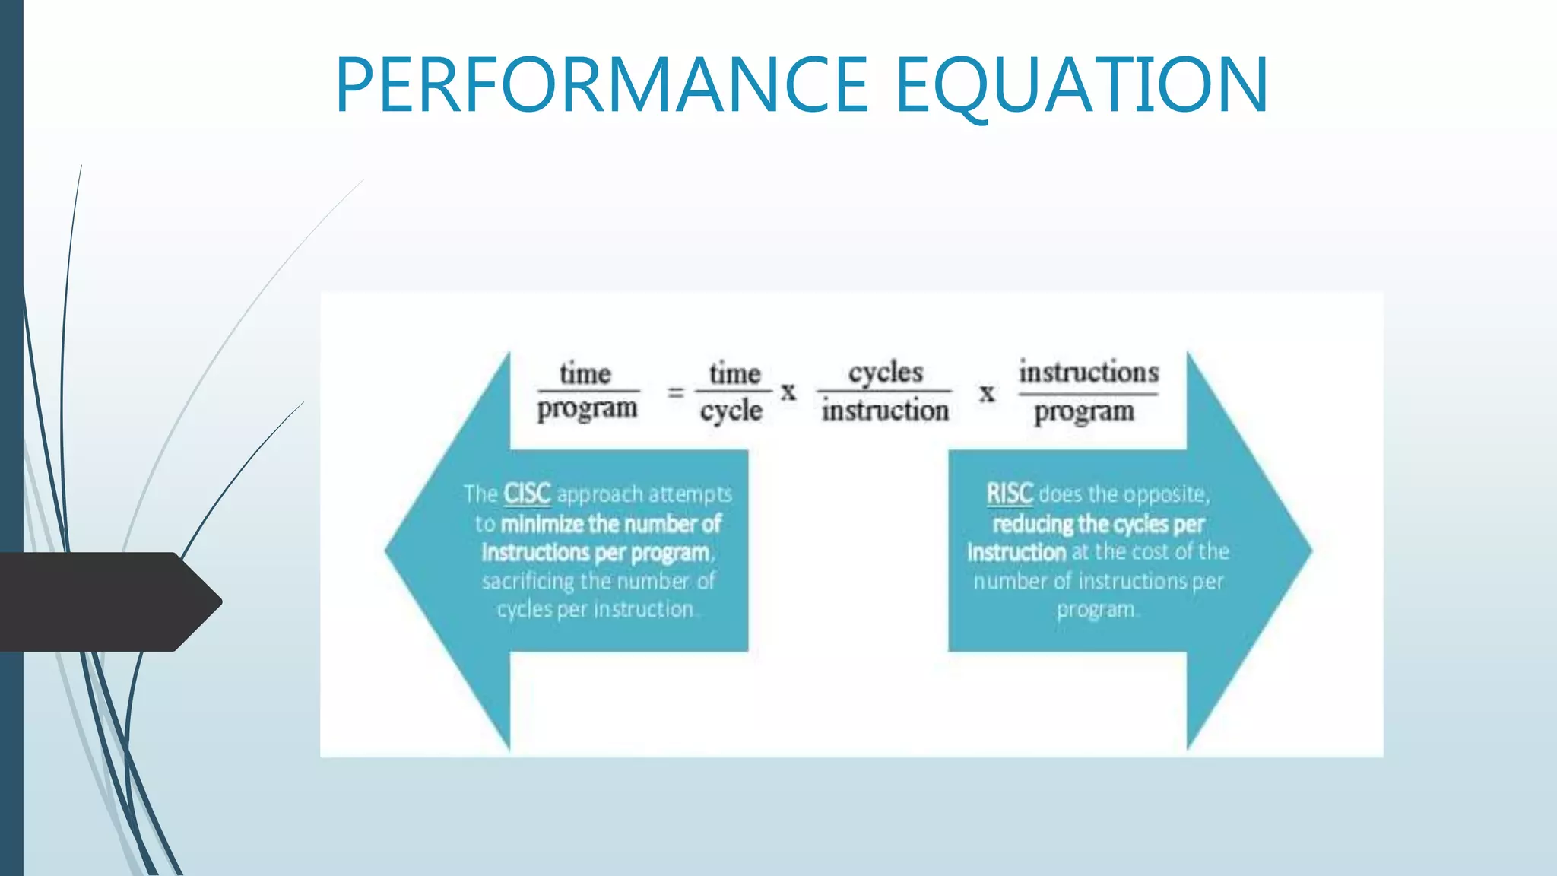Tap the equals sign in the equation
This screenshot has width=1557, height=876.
coord(676,392)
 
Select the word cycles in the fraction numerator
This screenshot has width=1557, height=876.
coord(886,373)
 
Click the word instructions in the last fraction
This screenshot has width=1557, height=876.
coord(1089,372)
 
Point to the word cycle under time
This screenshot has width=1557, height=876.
coord(731,411)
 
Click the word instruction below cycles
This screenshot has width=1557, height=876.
coord(885,411)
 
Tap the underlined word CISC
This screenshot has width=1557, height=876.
coord(527,494)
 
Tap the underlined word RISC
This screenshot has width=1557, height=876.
coord(1010,494)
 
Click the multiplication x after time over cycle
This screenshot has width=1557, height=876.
coord(788,392)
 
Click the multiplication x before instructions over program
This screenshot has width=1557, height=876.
coord(987,394)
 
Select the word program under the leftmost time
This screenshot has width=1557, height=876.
coord(587,409)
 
